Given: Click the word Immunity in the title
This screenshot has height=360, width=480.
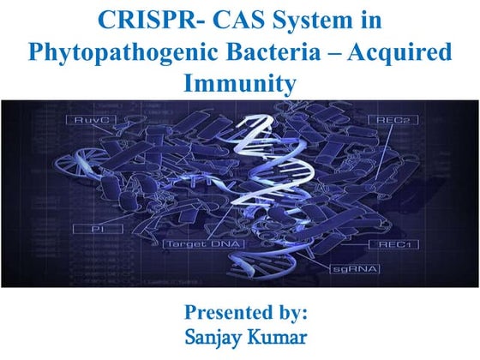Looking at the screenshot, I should (239, 83).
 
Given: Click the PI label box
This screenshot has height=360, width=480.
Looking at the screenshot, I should (88, 231).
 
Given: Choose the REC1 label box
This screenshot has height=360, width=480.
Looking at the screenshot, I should (393, 244).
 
